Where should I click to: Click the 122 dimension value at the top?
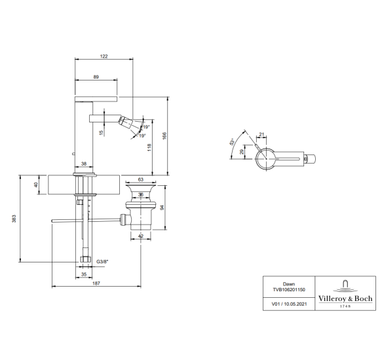pyautogui.click(x=104, y=56)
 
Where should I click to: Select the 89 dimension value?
pyautogui.click(x=96, y=77)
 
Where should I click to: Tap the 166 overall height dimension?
pyautogui.click(x=164, y=135)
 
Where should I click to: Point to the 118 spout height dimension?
pyautogui.click(x=149, y=147)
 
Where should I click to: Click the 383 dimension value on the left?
pyautogui.click(x=14, y=219)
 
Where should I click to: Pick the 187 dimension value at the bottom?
pyautogui.click(x=96, y=283)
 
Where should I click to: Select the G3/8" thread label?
pyautogui.click(x=102, y=261)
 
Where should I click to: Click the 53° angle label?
pyautogui.click(x=232, y=141)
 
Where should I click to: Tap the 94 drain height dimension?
pyautogui.click(x=162, y=207)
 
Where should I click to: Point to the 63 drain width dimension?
pyautogui.click(x=141, y=179)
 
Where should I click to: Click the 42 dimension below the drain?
pyautogui.click(x=141, y=236)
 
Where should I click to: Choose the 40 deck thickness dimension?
pyautogui.click(x=36, y=185)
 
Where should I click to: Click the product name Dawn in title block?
pyautogui.click(x=289, y=284)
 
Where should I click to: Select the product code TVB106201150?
pyautogui.click(x=289, y=289)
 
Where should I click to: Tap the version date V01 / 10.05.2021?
pyautogui.click(x=289, y=304)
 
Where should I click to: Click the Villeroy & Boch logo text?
pyautogui.click(x=345, y=298)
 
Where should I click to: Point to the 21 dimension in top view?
pyautogui.click(x=261, y=134)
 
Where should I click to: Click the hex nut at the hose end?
pyautogui.click(x=85, y=259)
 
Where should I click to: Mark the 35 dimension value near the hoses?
pyautogui.click(x=84, y=274)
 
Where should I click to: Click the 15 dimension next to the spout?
pyautogui.click(x=102, y=133)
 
